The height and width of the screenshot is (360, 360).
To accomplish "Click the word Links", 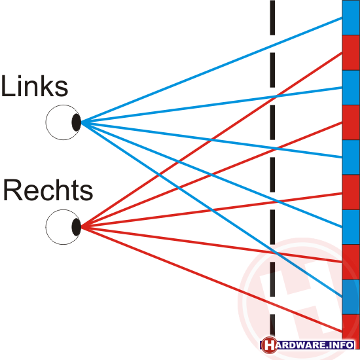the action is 35,86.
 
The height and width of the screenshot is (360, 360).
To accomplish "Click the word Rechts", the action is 48,190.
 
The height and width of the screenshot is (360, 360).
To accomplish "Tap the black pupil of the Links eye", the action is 77,122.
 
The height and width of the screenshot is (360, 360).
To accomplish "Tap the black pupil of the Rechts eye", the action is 77,227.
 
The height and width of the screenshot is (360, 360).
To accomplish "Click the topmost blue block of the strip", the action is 351,18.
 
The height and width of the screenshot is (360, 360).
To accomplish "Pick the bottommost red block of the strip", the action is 351,327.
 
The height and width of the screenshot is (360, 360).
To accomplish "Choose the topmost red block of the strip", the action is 351,53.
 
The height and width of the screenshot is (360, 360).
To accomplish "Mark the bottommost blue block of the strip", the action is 351,297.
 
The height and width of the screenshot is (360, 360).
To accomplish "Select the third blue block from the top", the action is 351,157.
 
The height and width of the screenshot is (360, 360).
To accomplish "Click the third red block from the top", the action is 351,192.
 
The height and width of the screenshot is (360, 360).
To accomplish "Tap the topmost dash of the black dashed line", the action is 272,18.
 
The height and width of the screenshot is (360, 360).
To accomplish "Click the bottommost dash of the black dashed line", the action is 272,325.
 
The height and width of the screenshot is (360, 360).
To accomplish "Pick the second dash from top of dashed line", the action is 272,70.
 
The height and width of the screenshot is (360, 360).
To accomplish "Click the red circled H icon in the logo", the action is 269,345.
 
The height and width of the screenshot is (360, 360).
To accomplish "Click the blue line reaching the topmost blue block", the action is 211,70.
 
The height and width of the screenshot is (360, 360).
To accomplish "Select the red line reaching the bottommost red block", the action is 211,279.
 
